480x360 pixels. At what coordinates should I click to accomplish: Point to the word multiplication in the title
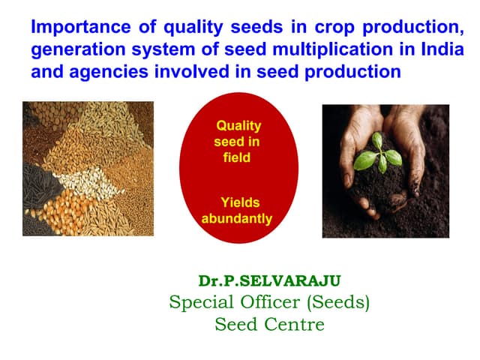point(323,51)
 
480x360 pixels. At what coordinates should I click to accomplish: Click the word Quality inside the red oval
point(238,126)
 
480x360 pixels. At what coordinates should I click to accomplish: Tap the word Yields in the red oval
point(239,202)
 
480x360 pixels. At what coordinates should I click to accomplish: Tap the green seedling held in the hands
point(376,154)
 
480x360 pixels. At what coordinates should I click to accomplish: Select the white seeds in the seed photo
point(82,180)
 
